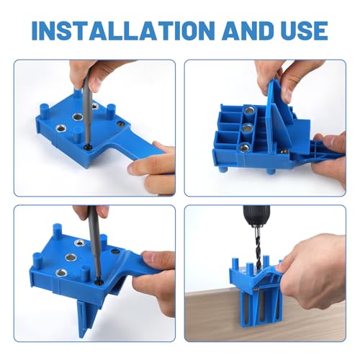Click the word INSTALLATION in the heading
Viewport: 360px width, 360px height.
click(122, 31)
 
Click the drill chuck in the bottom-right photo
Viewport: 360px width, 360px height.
click(256, 216)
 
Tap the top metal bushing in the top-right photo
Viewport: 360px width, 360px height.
click(249, 111)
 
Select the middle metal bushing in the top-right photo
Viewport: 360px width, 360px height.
click(246, 129)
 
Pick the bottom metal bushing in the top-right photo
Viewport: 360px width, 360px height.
click(244, 147)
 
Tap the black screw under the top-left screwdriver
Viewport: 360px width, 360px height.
click(86, 148)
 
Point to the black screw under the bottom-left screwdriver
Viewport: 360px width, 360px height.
click(99, 282)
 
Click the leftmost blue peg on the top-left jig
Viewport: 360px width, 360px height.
click(43, 110)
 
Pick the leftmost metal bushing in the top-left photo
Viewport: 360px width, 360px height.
click(60, 129)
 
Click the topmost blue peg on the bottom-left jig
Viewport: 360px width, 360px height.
click(57, 230)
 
